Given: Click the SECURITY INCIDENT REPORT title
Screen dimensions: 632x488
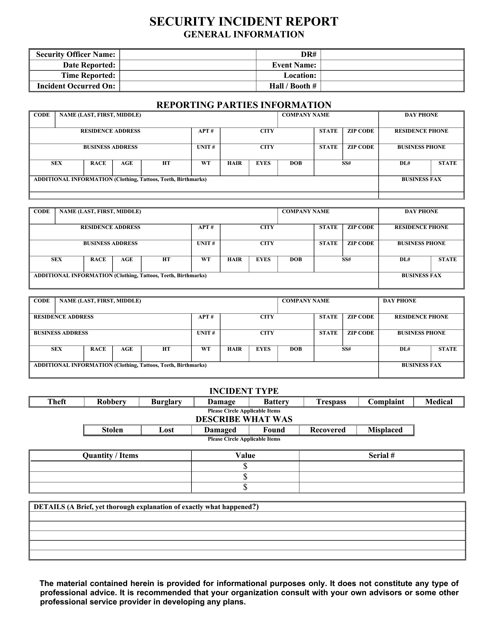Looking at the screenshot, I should pyautogui.click(x=244, y=22).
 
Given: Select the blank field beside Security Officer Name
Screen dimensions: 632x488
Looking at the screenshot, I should pyautogui.click(x=188, y=55).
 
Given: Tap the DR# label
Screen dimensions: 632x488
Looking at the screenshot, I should pyautogui.click(x=309, y=55).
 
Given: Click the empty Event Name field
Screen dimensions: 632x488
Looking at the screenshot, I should pyautogui.click(x=392, y=65).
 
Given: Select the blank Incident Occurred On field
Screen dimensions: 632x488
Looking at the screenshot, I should pyautogui.click(x=188, y=86).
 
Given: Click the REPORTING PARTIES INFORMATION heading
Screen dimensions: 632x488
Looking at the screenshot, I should pyautogui.click(x=244, y=105).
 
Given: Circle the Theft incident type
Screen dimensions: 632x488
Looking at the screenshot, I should pyautogui.click(x=57, y=402).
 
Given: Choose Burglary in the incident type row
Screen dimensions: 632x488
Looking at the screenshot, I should pyautogui.click(x=166, y=402).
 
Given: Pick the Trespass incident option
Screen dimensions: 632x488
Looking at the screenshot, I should pyautogui.click(x=331, y=402).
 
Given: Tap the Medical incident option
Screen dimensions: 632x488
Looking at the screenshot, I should pyautogui.click(x=439, y=402).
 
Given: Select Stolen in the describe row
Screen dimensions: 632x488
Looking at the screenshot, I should pyautogui.click(x=112, y=430).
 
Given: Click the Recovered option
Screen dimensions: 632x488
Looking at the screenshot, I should pyautogui.click(x=328, y=430).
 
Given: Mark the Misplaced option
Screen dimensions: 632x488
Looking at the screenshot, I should pyautogui.click(x=385, y=430).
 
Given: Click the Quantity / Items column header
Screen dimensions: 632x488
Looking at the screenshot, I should pyautogui.click(x=110, y=456).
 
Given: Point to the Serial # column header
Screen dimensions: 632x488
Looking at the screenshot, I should pyautogui.click(x=381, y=456).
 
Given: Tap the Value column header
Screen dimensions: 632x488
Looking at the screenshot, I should pyautogui.click(x=245, y=456).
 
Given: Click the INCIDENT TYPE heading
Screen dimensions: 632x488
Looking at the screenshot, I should pyautogui.click(x=244, y=391).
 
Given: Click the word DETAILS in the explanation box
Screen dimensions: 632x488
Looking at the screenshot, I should pyautogui.click(x=49, y=507).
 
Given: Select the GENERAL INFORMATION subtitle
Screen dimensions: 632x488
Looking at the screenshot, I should pyautogui.click(x=244, y=34).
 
